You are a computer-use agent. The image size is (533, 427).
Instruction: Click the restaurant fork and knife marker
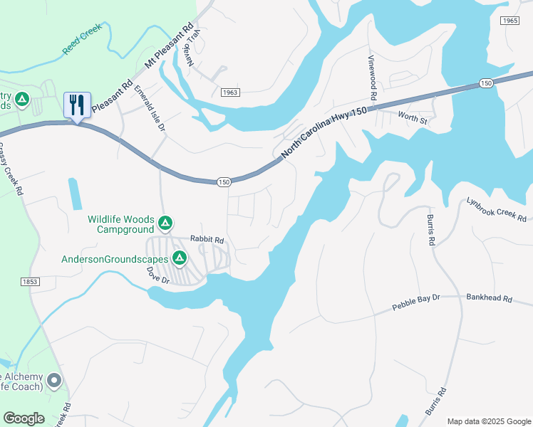76,105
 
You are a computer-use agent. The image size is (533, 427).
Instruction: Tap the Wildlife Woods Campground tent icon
165,224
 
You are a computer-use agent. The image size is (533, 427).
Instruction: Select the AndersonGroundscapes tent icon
180,258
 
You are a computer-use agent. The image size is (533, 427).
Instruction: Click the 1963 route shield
229,93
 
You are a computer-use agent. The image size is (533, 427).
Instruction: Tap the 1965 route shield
509,21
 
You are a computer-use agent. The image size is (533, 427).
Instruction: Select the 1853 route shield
30,282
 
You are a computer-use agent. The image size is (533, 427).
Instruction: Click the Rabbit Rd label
207,240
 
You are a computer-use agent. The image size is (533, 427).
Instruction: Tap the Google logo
24,418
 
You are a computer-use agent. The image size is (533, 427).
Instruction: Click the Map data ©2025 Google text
488,421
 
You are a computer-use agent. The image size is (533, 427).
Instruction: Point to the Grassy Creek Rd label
11,170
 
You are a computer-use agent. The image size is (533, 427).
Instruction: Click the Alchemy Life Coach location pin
54,382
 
